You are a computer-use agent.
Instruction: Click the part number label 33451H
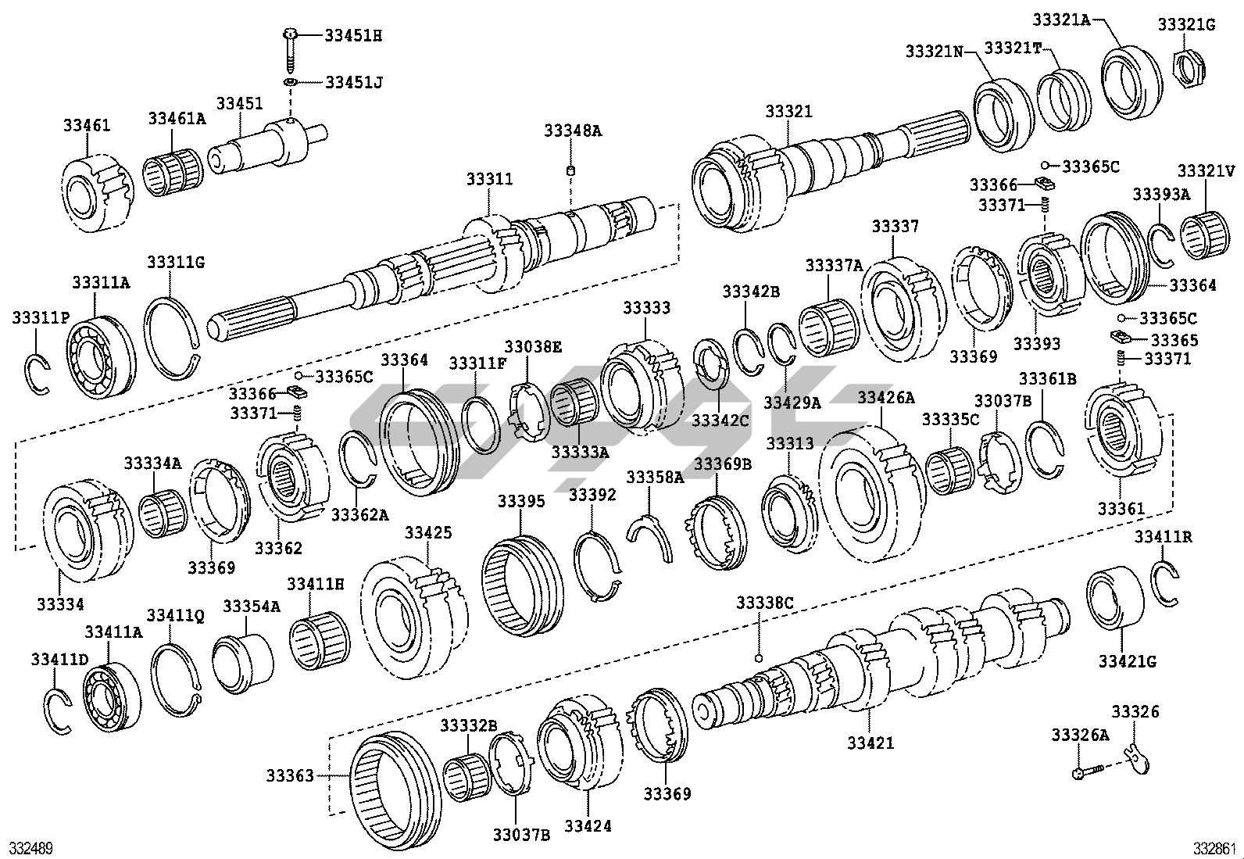coord(353,35)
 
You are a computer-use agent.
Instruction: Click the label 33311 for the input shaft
coord(489,179)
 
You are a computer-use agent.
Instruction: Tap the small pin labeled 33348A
coord(571,171)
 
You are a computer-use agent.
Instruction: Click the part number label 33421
coord(870,743)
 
